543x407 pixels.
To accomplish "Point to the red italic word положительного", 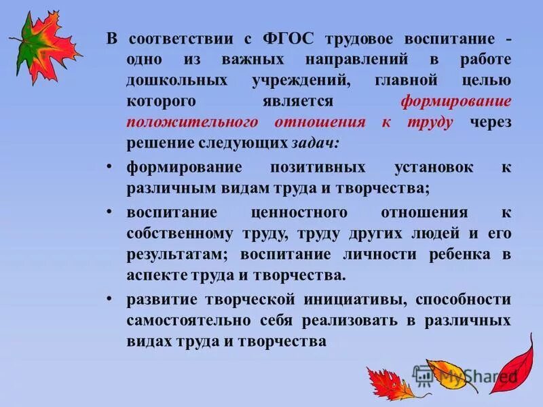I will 192,123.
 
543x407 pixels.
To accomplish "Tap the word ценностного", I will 299,212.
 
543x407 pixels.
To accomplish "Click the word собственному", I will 174,233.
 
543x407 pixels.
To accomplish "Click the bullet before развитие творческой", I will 110,299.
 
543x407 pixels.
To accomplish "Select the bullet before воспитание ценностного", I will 110,212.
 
